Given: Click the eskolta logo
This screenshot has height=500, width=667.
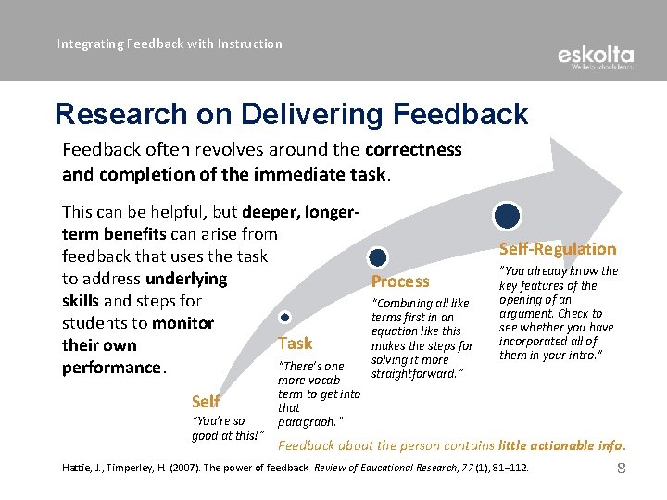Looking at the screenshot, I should [x=596, y=57].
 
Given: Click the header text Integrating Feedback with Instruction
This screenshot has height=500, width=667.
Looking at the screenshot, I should [x=170, y=44].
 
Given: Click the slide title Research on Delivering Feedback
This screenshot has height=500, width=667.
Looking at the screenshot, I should [x=291, y=114].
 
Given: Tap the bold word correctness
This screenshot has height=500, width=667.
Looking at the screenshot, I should [x=413, y=149].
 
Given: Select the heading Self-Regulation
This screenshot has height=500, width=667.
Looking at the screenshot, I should [x=557, y=248].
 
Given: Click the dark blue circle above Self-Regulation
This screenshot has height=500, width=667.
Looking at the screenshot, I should [x=507, y=217].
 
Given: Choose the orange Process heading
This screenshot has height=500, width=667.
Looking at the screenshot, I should [x=400, y=281].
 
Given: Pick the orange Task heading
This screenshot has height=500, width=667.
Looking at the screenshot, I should [x=296, y=344].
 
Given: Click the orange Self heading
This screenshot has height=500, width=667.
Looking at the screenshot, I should [x=205, y=401].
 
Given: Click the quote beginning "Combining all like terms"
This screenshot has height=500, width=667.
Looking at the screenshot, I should [x=422, y=338].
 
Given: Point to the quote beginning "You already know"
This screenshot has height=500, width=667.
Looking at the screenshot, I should [x=558, y=313].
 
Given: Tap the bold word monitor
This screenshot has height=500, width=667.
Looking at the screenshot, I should [x=182, y=323].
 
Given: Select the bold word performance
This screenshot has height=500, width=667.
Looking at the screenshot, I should [x=111, y=368].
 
